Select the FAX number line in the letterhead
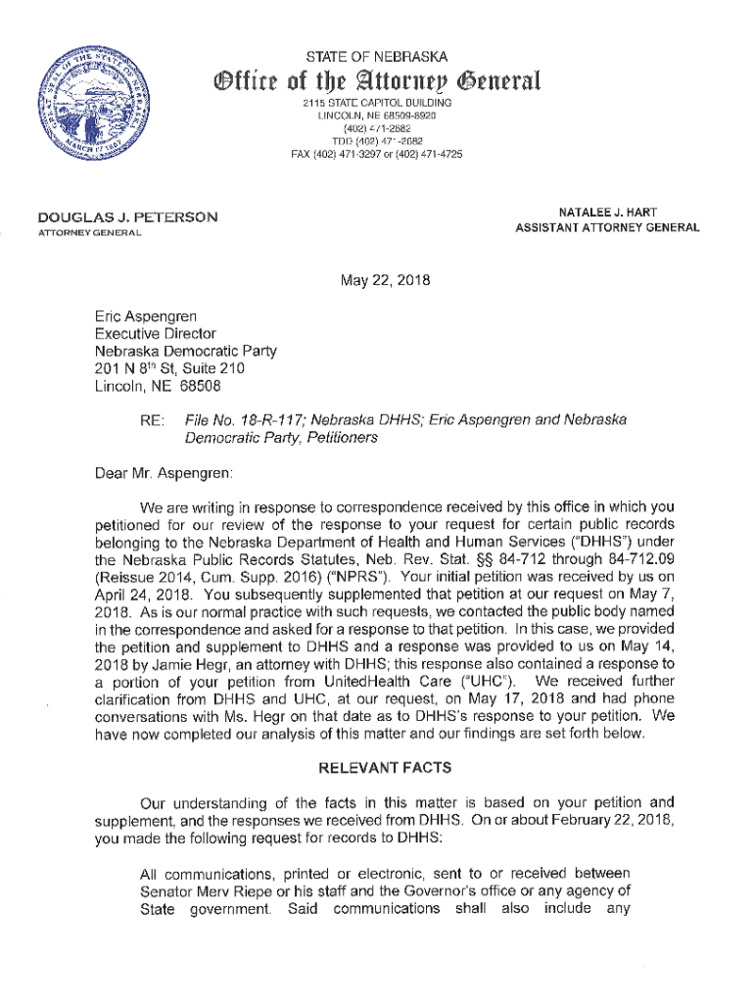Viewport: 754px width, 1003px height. click(x=377, y=154)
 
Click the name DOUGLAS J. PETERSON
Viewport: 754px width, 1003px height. click(x=127, y=216)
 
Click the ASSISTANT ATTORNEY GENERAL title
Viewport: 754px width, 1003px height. click(x=607, y=228)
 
